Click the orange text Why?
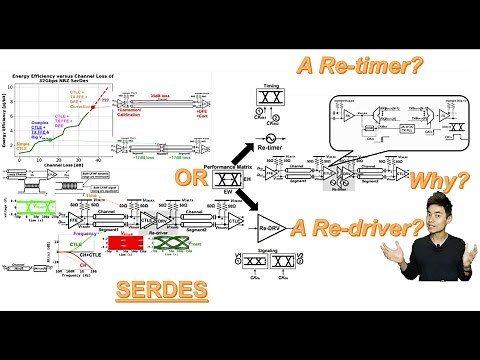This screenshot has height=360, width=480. (444, 182)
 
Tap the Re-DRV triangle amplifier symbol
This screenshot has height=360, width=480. (271, 222)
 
